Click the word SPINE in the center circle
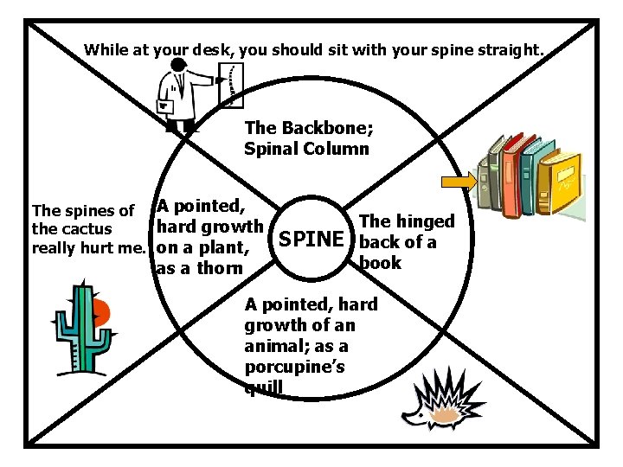click(316, 237)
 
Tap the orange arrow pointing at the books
click(459, 181)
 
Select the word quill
click(263, 387)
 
